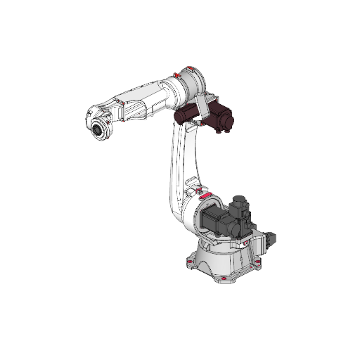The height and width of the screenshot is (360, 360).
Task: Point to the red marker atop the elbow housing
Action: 189,68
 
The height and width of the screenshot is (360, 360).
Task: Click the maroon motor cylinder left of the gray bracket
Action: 187,115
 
